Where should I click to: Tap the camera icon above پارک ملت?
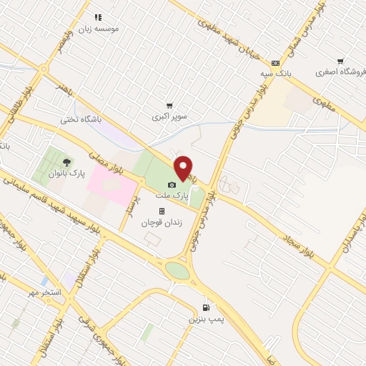point(172,184)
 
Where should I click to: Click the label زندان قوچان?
point(162,222)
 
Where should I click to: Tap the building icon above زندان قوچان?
point(162,212)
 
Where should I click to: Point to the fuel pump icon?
point(206,309)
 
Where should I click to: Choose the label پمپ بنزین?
point(206,319)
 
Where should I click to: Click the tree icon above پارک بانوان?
point(68,162)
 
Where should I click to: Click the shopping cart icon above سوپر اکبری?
point(169,106)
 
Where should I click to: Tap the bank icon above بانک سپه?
point(275,63)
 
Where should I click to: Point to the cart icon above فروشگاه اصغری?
point(341,61)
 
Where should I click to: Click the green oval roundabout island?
point(178,272)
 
